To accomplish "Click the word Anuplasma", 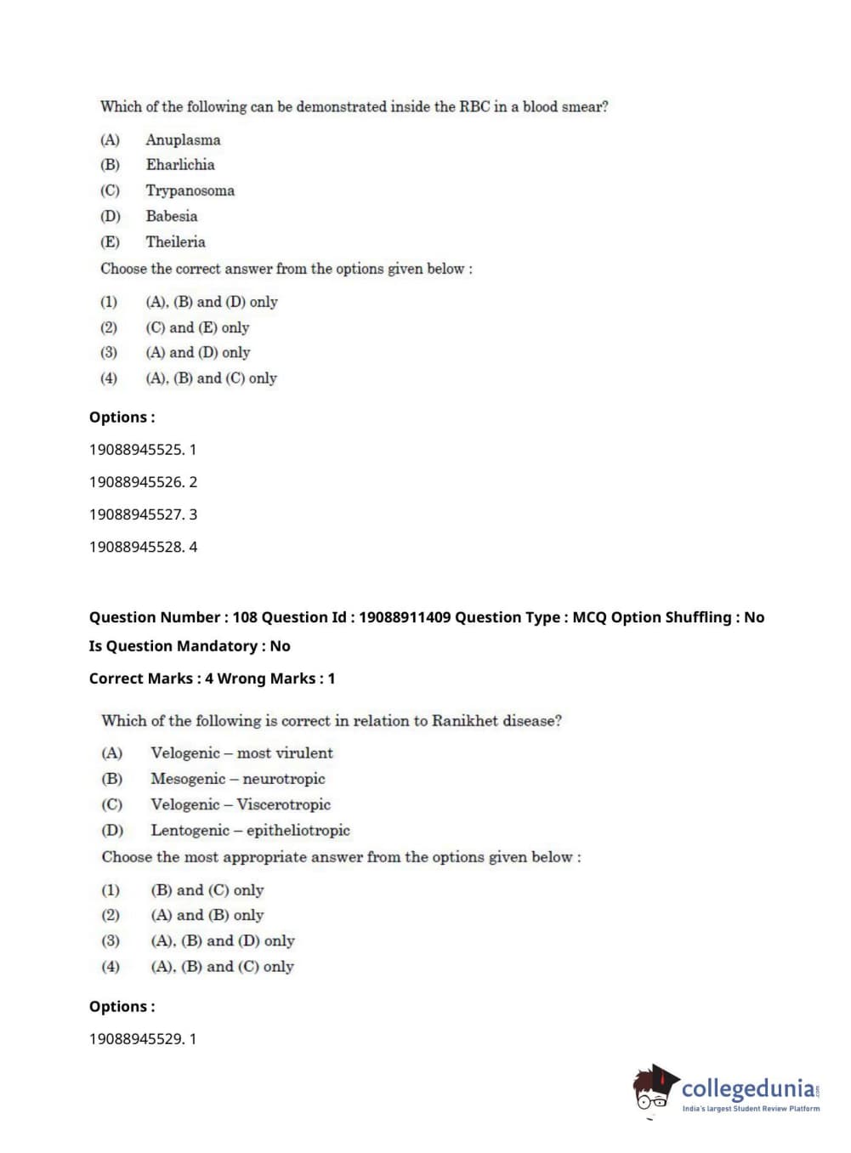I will click(x=183, y=139).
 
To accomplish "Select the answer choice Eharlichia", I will click(x=180, y=165).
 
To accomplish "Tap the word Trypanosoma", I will click(x=190, y=190).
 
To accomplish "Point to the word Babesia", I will click(x=171, y=216).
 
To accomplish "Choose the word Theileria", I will click(x=175, y=241).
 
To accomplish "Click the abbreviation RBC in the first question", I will click(x=474, y=107).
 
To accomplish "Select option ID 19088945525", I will click(x=136, y=450).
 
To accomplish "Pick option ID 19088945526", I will click(x=136, y=482).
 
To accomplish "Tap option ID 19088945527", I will click(x=136, y=514).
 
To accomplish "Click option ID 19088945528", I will click(x=136, y=547).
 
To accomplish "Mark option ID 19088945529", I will click(x=136, y=1039).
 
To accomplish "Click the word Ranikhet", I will click(x=465, y=721).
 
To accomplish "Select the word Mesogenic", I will click(x=188, y=779).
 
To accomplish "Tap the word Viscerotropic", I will click(x=283, y=804).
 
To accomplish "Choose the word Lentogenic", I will click(x=190, y=831).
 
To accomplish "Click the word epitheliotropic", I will click(x=298, y=831).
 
